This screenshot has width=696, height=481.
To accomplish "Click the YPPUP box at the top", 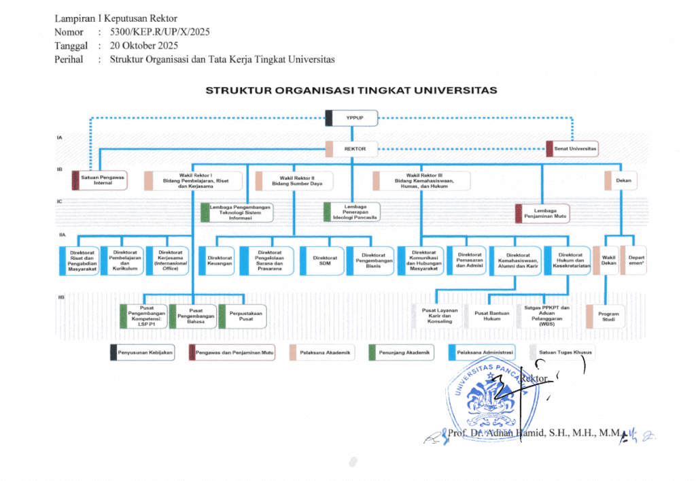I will tap(351, 118).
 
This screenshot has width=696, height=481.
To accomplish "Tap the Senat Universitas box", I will tap(572, 148).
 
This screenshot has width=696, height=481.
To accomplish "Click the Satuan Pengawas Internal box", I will tap(99, 180).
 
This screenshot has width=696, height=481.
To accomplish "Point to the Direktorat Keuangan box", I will tap(220, 259).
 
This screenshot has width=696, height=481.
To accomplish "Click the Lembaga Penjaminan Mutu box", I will tap(542, 214).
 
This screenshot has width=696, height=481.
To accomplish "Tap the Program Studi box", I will tap(604, 316).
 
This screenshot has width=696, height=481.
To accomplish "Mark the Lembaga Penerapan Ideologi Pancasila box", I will tap(351, 212).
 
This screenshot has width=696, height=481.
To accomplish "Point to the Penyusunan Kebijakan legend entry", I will tap(142, 352).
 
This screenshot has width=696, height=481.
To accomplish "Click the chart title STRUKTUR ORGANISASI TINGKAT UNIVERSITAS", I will tap(351, 90).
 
